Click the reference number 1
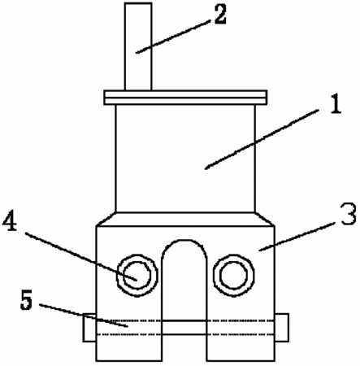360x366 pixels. pyautogui.click(x=336, y=104)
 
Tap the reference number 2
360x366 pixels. pyautogui.click(x=219, y=15)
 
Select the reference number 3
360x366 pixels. pyautogui.click(x=349, y=215)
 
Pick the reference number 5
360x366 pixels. pyautogui.click(x=27, y=300)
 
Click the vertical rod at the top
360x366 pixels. pyautogui.click(x=138, y=46)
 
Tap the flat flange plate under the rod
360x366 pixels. pyautogui.click(x=185, y=98)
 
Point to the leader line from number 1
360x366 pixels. pyautogui.click(x=262, y=139)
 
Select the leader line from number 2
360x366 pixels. pyautogui.click(x=173, y=37)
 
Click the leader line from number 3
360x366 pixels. pyautogui.click(x=297, y=237)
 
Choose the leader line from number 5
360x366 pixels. pyautogui.click(x=84, y=316)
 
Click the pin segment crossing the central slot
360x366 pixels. pyautogui.click(x=184, y=328)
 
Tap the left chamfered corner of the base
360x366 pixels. pyautogui.click(x=106, y=219)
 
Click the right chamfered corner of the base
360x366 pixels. pyautogui.click(x=265, y=219)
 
